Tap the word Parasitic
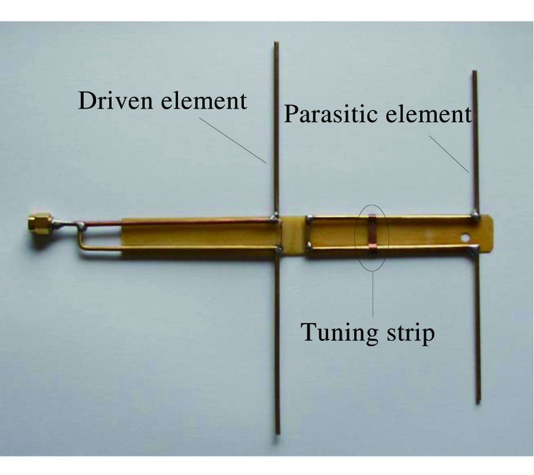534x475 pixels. point(330,114)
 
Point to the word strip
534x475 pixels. point(411,333)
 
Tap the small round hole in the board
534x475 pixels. point(464,236)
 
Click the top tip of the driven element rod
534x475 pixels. point(276,43)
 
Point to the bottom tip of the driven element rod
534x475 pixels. point(278,433)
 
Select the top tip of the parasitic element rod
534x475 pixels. point(474,72)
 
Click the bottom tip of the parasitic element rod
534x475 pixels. point(478,402)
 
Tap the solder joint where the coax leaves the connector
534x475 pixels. point(82,225)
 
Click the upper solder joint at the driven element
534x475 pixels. point(275,218)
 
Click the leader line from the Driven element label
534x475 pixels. point(233,140)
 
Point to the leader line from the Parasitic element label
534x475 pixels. point(449,154)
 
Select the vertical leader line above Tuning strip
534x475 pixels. point(373,294)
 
